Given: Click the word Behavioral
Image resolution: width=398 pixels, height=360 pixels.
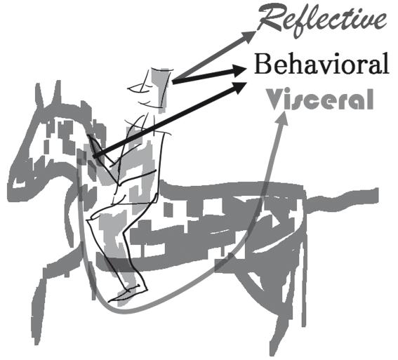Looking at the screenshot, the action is click(321, 64).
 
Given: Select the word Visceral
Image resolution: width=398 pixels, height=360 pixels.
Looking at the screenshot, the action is click(319, 99).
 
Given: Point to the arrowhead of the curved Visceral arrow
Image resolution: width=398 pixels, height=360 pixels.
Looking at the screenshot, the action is click(282, 118).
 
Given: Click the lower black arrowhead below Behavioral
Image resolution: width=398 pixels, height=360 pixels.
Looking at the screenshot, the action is click(240, 88).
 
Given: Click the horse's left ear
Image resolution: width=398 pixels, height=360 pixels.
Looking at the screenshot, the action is click(39, 96).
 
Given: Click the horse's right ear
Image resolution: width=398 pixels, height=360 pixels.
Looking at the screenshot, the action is click(57, 93).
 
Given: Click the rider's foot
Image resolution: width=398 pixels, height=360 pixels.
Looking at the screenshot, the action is click(128, 293).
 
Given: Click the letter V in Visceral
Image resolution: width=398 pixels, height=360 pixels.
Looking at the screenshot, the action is click(274, 99).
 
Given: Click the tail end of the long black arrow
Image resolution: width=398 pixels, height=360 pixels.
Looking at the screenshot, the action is click(95, 156).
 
